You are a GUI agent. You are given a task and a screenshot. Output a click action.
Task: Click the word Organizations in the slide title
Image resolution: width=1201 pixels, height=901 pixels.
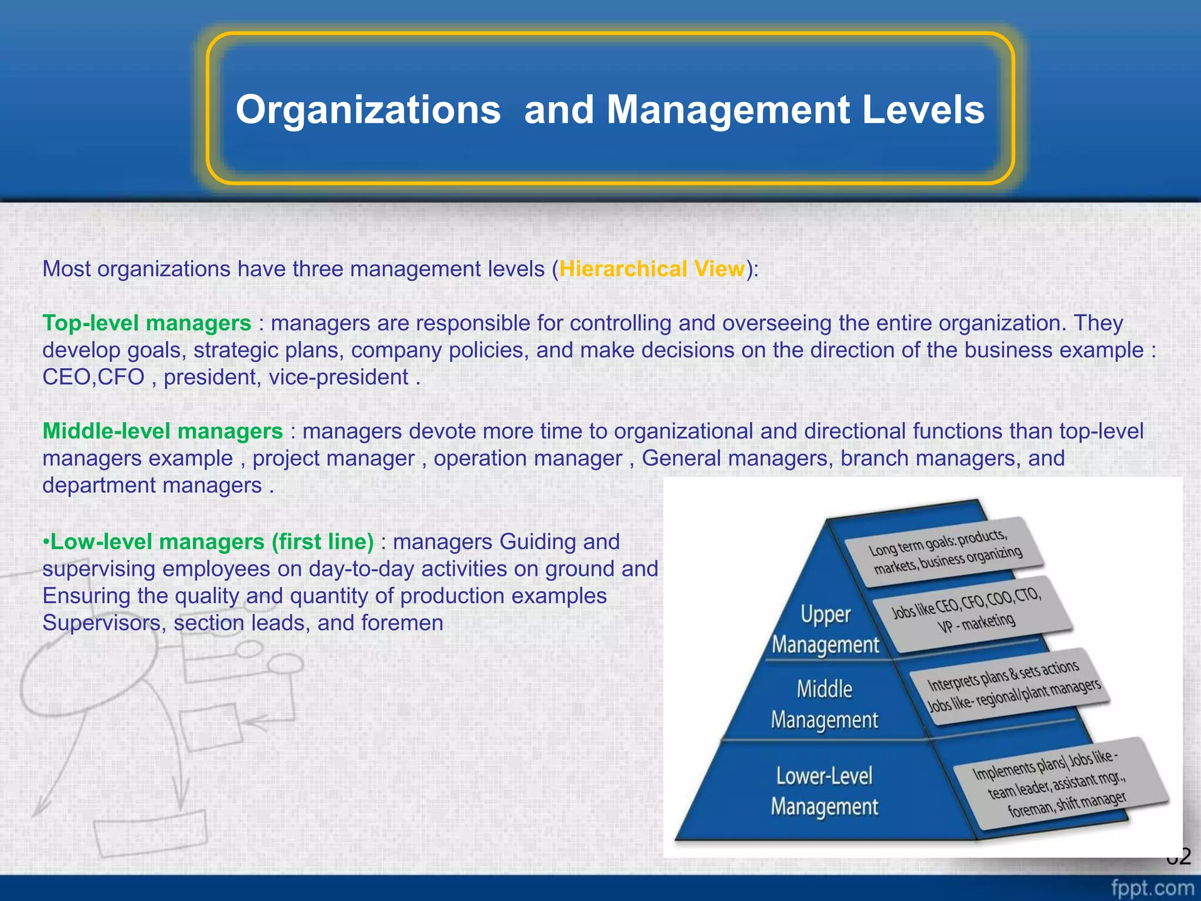pyautogui.click(x=368, y=110)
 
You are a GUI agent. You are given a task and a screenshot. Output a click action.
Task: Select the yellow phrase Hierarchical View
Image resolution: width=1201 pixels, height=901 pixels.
pyautogui.click(x=652, y=269)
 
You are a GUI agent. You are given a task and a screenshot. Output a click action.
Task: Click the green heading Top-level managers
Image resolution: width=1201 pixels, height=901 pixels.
pyautogui.click(x=147, y=323)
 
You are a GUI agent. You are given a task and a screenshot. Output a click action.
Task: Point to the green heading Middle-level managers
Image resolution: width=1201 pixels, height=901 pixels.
pyautogui.click(x=162, y=431)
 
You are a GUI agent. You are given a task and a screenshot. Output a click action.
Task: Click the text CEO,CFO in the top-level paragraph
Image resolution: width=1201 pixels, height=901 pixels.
pyautogui.click(x=93, y=377)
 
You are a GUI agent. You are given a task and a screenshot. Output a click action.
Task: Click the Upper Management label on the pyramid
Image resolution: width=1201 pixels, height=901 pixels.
pyautogui.click(x=825, y=629)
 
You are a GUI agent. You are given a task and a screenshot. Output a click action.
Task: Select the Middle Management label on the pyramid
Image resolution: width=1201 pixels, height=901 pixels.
pyautogui.click(x=824, y=704)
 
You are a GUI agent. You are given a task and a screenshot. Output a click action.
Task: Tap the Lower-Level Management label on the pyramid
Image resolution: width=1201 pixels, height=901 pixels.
pyautogui.click(x=824, y=791)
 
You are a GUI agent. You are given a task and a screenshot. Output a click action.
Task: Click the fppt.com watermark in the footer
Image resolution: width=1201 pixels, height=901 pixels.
pyautogui.click(x=1152, y=888)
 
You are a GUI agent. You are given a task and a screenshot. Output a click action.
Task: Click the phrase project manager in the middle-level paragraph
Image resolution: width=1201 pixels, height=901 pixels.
pyautogui.click(x=333, y=458)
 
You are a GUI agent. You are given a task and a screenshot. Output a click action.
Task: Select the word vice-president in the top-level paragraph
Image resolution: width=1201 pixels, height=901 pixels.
pyautogui.click(x=338, y=377)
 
